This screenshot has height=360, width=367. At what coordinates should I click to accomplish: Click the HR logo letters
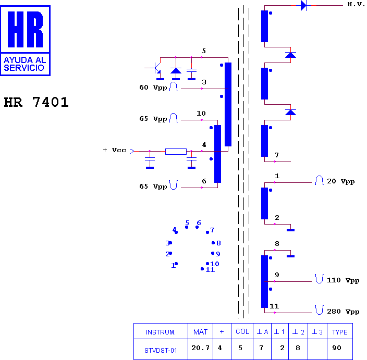[x=25, y=30]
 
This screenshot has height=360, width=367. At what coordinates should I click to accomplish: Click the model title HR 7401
[x=36, y=102]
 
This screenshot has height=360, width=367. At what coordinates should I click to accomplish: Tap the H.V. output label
[x=356, y=5]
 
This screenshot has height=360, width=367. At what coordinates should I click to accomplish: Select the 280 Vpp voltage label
[x=343, y=312]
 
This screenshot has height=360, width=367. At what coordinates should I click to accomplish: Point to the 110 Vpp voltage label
[x=343, y=280]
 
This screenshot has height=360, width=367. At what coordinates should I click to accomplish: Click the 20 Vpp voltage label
[x=340, y=181]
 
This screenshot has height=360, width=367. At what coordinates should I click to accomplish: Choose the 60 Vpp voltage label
[x=153, y=88]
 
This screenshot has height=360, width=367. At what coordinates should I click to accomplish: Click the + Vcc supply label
[x=115, y=150]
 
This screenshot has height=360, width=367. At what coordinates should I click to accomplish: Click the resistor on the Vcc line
[x=176, y=152]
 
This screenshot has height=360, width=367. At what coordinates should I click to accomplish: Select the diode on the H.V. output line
[x=303, y=5]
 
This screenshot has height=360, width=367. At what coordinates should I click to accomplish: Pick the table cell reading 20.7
[x=200, y=348]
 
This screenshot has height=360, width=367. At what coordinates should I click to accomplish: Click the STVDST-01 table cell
[x=161, y=351]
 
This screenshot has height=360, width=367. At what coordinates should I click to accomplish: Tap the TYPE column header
[x=339, y=332]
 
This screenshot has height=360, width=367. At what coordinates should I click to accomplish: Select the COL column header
[x=242, y=331]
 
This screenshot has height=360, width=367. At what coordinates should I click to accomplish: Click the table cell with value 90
[x=337, y=348]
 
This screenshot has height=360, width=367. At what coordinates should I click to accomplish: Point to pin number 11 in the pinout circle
[x=210, y=270]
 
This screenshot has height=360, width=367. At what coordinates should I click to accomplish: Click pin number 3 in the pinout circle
[x=167, y=243]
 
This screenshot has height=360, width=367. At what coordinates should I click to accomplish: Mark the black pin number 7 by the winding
[x=277, y=155]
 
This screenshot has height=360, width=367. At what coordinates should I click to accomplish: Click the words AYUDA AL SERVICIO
[x=25, y=64]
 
